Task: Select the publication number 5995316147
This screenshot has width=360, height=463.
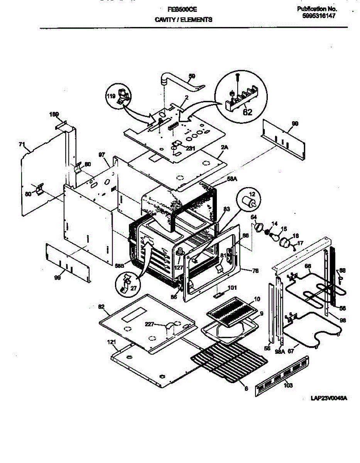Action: point(318,16)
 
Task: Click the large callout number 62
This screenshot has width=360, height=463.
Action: point(247,113)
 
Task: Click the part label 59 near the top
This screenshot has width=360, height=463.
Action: point(192,76)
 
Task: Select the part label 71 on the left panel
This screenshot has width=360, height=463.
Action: point(22,145)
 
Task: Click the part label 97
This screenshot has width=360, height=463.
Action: point(102,155)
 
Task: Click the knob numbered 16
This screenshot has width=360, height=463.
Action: point(286,243)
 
